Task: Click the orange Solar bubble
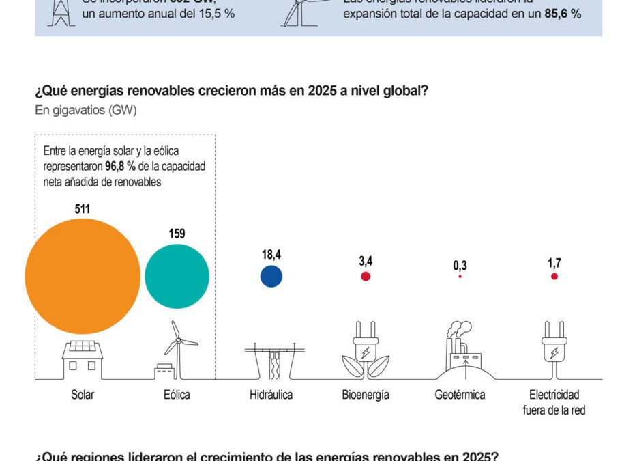click(x=83, y=275)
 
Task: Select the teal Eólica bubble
click(x=177, y=276)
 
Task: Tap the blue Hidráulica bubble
click(x=271, y=277)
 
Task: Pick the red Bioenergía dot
click(x=366, y=277)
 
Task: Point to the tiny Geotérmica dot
click(x=460, y=277)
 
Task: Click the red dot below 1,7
click(x=554, y=277)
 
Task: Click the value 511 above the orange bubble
click(x=83, y=209)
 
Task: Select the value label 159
click(x=177, y=234)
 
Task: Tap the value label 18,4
click(x=271, y=255)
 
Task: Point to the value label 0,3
click(x=460, y=265)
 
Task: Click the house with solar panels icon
click(x=83, y=359)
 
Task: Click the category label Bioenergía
click(x=366, y=395)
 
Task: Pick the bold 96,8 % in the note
click(x=120, y=166)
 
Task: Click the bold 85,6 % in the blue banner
click(x=563, y=14)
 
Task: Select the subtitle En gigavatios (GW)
click(x=86, y=111)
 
